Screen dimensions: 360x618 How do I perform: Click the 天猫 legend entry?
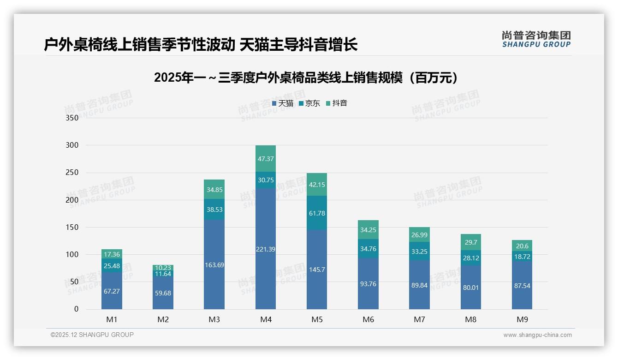[x=282, y=103]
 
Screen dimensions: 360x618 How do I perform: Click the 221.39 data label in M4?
[x=266, y=249]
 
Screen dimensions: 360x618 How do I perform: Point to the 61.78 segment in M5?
[x=317, y=213]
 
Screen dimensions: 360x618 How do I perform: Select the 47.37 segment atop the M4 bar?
[x=266, y=159]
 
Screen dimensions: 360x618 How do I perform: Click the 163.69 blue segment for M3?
[x=214, y=265]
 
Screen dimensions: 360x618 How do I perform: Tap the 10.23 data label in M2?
[x=163, y=268]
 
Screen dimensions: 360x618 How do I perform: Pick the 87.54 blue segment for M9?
[x=522, y=286]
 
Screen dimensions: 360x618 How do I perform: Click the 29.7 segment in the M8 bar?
[x=470, y=242]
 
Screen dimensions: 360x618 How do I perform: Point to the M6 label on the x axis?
[x=368, y=319]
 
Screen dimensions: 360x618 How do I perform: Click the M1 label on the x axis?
[x=112, y=319]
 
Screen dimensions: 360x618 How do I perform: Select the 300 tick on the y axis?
[x=72, y=145]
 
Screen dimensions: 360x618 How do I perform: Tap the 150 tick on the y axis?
[x=72, y=227]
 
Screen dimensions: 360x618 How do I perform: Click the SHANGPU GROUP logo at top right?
[x=536, y=39]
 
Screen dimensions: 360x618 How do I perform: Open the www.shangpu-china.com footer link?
[x=537, y=335]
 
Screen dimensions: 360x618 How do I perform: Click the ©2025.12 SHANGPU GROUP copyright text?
[x=92, y=335]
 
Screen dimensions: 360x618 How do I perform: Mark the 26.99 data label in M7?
[x=419, y=235]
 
